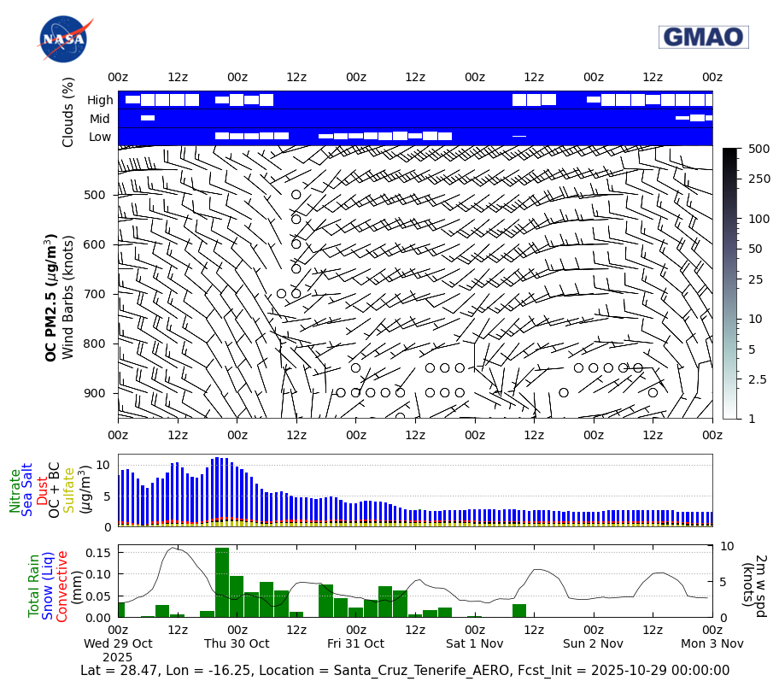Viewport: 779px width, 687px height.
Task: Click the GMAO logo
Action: coord(703,37)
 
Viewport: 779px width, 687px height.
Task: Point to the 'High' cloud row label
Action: coord(100,100)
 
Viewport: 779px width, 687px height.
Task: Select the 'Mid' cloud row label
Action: coord(101,119)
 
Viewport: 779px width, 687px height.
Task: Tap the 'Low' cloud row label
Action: coord(100,137)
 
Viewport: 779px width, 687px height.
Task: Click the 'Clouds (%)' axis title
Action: coord(68,112)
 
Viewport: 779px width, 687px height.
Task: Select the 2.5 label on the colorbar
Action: coord(756,379)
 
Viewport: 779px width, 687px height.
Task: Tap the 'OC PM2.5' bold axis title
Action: coord(51,297)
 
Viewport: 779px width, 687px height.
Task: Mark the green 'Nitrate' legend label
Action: coord(15,490)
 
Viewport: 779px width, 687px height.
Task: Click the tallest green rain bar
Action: coord(222,582)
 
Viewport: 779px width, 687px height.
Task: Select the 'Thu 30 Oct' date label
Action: coord(237,643)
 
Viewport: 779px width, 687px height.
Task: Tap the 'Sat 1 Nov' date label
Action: coord(474,643)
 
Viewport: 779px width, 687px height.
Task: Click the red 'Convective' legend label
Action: coord(61,586)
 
